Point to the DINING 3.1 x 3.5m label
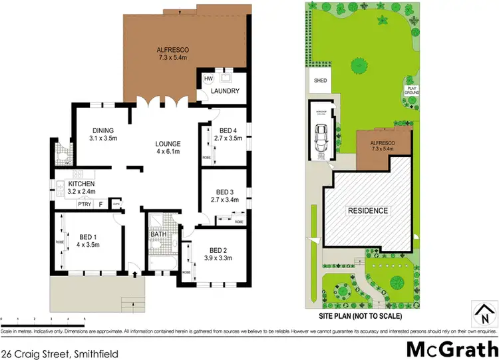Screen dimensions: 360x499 point(103,134)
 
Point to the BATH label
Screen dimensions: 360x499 point(158,234)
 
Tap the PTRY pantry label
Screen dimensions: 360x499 point(84,204)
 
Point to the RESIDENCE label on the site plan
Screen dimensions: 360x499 point(368,211)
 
